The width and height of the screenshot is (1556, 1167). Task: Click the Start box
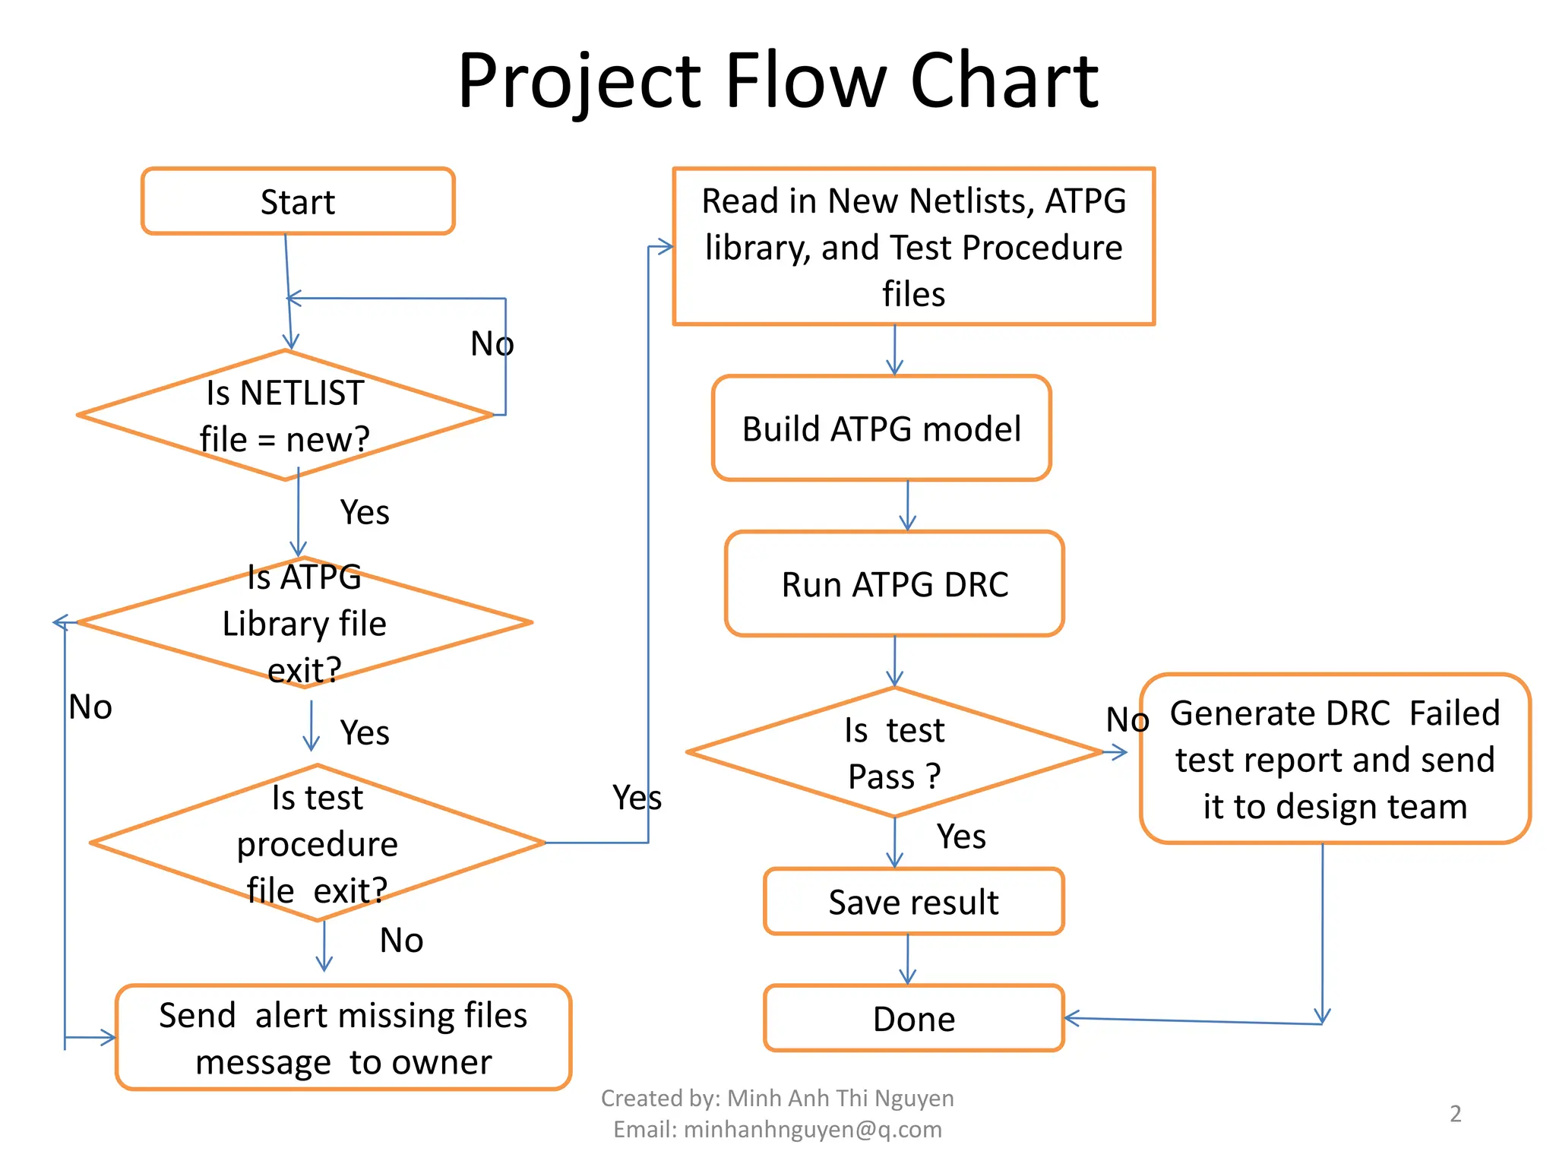pyautogui.click(x=298, y=201)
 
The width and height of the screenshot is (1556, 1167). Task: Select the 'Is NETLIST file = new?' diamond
pyautogui.click(x=286, y=416)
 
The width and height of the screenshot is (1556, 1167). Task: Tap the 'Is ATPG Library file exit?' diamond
pyautogui.click(x=304, y=623)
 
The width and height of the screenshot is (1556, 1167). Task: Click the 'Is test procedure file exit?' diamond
pyautogui.click(x=318, y=843)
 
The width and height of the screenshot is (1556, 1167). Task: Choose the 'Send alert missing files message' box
pyautogui.click(x=343, y=1038)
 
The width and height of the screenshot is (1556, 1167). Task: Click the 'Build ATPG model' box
pyautogui.click(x=881, y=429)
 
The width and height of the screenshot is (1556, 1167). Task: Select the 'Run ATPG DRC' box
pyautogui.click(x=894, y=584)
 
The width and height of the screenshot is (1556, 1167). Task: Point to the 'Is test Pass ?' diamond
pyautogui.click(x=894, y=753)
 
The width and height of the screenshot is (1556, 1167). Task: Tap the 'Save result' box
pyautogui.click(x=913, y=902)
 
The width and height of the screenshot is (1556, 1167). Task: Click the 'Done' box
pyautogui.click(x=913, y=1019)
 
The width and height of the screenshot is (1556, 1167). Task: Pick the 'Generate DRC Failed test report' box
pyautogui.click(x=1335, y=759)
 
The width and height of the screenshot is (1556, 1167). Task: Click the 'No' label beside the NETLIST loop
pyautogui.click(x=492, y=344)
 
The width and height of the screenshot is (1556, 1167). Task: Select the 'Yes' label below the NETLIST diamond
pyautogui.click(x=365, y=512)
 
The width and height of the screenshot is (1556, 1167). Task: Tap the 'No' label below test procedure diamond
pyautogui.click(x=401, y=941)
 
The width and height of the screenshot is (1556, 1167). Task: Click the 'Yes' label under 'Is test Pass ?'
pyautogui.click(x=961, y=837)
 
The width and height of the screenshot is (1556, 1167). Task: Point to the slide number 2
pyautogui.click(x=1455, y=1114)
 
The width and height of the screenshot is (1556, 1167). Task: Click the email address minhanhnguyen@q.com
pyautogui.click(x=812, y=1130)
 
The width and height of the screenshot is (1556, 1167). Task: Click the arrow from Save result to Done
pyautogui.click(x=908, y=960)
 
